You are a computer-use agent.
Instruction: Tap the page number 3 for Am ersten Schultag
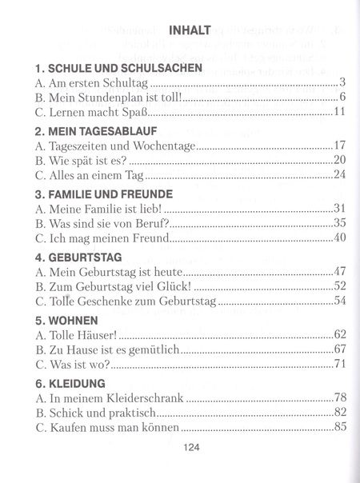pyautogui.click(x=342, y=82)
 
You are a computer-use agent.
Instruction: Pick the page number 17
pyautogui.click(x=338, y=145)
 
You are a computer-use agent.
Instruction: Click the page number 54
pyautogui.click(x=338, y=300)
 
